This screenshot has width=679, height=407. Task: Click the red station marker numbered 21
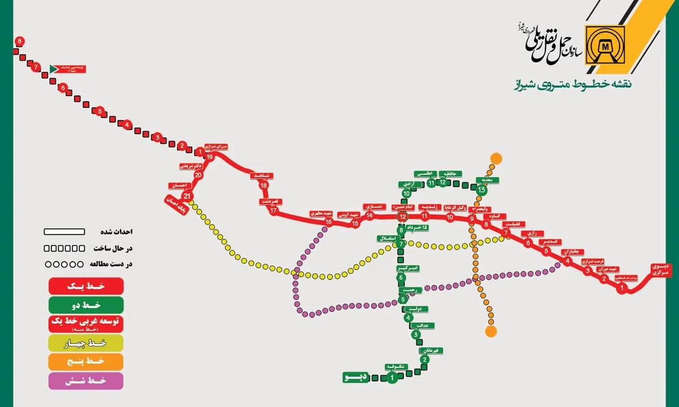point(188,196)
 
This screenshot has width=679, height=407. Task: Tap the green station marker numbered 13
point(482,190)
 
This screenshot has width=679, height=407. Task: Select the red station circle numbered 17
point(274,211)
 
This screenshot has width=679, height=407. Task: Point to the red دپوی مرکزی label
point(660,269)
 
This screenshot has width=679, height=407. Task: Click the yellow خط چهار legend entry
point(86,342)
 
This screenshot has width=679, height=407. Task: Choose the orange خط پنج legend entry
point(86,361)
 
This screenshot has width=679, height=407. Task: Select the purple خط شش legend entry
point(86,380)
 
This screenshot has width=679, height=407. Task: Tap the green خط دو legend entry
point(86,305)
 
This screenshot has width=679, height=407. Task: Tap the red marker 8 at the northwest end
point(20,41)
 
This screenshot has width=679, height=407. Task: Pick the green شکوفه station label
point(394,366)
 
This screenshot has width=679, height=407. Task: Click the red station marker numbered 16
point(328,222)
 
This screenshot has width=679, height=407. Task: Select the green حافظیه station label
point(451,173)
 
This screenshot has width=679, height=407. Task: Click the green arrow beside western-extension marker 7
point(54,68)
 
